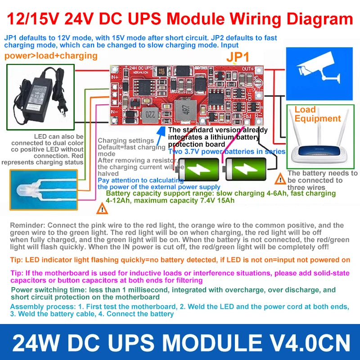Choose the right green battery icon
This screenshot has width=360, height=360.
tap(245, 169)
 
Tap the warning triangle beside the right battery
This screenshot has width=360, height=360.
tap(281, 179)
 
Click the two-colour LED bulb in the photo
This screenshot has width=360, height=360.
tap(27, 189)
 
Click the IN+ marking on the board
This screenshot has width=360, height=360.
tap(114, 77)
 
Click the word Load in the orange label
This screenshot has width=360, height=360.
tap(305, 110)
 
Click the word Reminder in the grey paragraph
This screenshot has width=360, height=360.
tap(27, 225)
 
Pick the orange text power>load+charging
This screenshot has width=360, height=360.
tap(51, 56)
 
